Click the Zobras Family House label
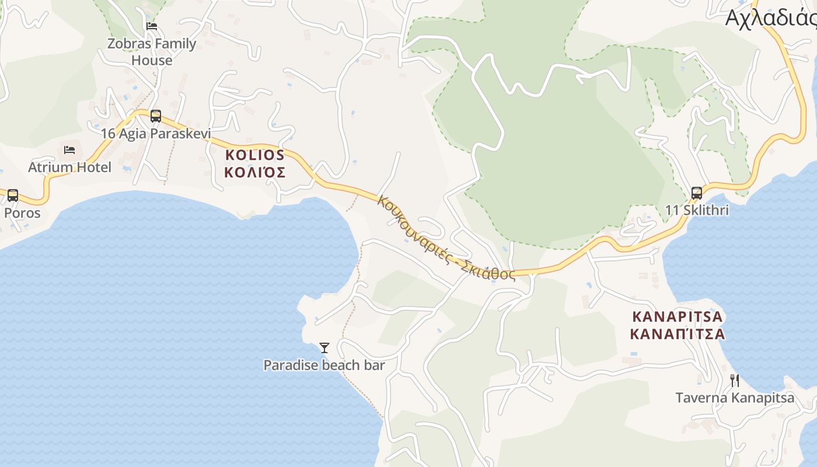click(152, 52)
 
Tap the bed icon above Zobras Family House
click(152, 26)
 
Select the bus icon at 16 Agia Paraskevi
click(155, 116)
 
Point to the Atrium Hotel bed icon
click(69, 149)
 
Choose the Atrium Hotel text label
click(69, 168)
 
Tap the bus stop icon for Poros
click(12, 195)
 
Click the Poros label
click(22, 213)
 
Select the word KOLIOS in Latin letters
click(254, 155)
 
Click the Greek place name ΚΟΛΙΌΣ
click(255, 172)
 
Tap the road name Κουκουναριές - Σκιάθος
click(446, 239)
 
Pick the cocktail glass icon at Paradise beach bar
click(324, 348)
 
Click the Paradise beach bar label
click(324, 365)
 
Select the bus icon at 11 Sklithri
click(696, 193)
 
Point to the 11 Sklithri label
click(697, 210)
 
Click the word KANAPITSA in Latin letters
click(678, 317)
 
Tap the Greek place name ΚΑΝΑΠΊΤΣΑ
click(678, 334)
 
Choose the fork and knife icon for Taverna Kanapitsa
click(735, 381)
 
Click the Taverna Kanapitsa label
click(735, 398)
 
